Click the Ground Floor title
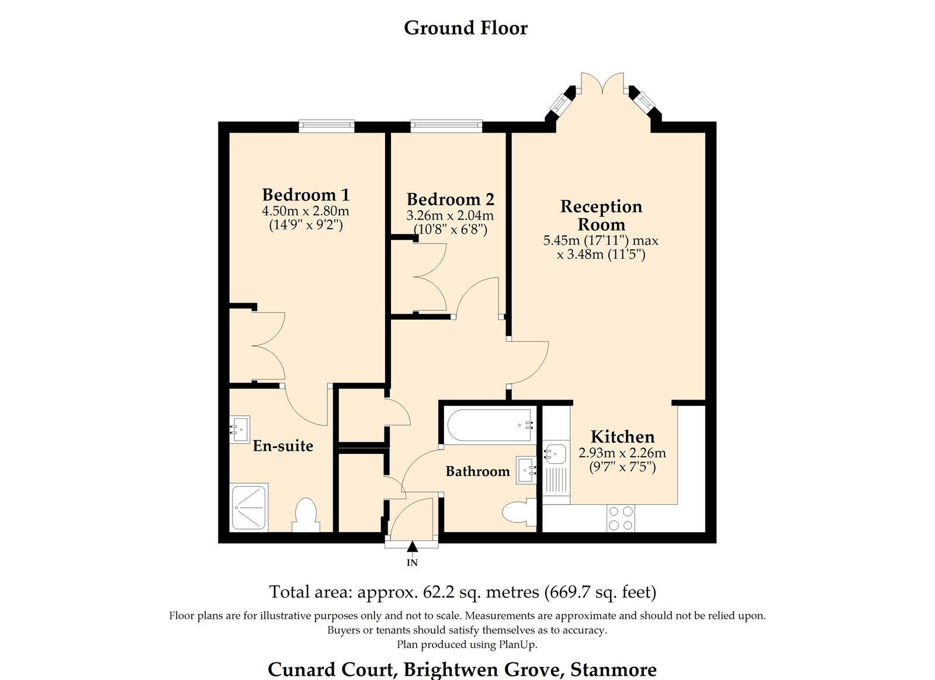click(465, 29)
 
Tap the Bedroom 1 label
click(306, 195)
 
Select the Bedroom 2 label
click(451, 199)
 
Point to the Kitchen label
click(622, 437)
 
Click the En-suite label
click(283, 446)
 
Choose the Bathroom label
click(478, 471)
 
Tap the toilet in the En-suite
click(306, 515)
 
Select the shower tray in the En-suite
click(249, 507)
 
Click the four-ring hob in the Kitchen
click(620, 518)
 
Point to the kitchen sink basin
click(556, 455)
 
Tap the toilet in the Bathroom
click(520, 512)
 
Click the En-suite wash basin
click(240, 429)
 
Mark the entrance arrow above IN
click(413, 547)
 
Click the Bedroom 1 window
click(327, 126)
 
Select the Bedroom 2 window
click(446, 126)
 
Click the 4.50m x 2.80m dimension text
click(306, 211)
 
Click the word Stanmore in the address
click(613, 669)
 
